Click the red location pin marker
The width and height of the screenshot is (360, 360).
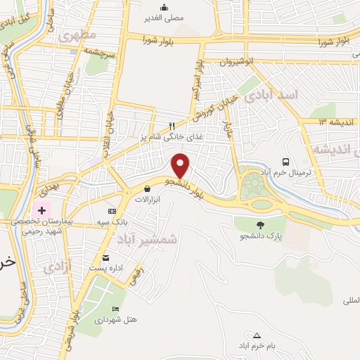[x=181, y=165]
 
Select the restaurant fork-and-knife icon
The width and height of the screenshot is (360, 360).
[x=162, y=125]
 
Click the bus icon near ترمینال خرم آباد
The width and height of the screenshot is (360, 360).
[x=285, y=162]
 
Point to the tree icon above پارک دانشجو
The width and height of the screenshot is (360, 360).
[x=262, y=225]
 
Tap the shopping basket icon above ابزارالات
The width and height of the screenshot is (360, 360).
[x=147, y=189]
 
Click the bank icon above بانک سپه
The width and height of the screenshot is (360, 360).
[x=112, y=211]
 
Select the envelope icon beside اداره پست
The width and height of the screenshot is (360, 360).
[x=105, y=257]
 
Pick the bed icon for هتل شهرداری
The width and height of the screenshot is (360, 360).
[x=116, y=309]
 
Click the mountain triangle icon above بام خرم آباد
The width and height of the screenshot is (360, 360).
[x=257, y=335]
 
